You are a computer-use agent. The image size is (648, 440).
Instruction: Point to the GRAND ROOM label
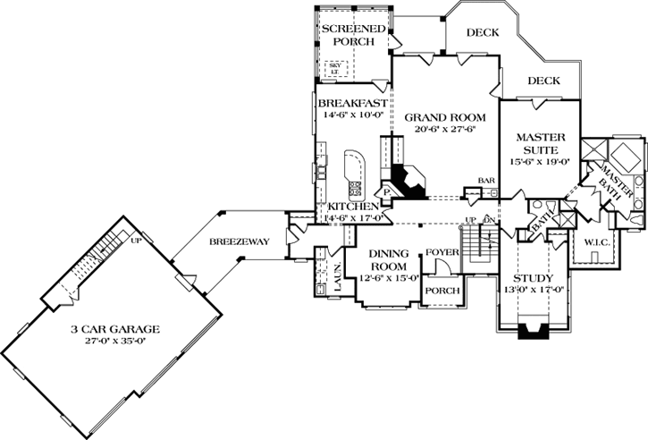(445, 117)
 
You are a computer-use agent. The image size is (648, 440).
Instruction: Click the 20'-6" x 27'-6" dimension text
(445, 129)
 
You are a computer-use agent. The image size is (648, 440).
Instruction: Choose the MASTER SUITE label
(538, 144)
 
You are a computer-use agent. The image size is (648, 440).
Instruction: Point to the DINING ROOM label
(387, 259)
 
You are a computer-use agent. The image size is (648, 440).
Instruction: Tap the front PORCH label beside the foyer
(442, 291)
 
